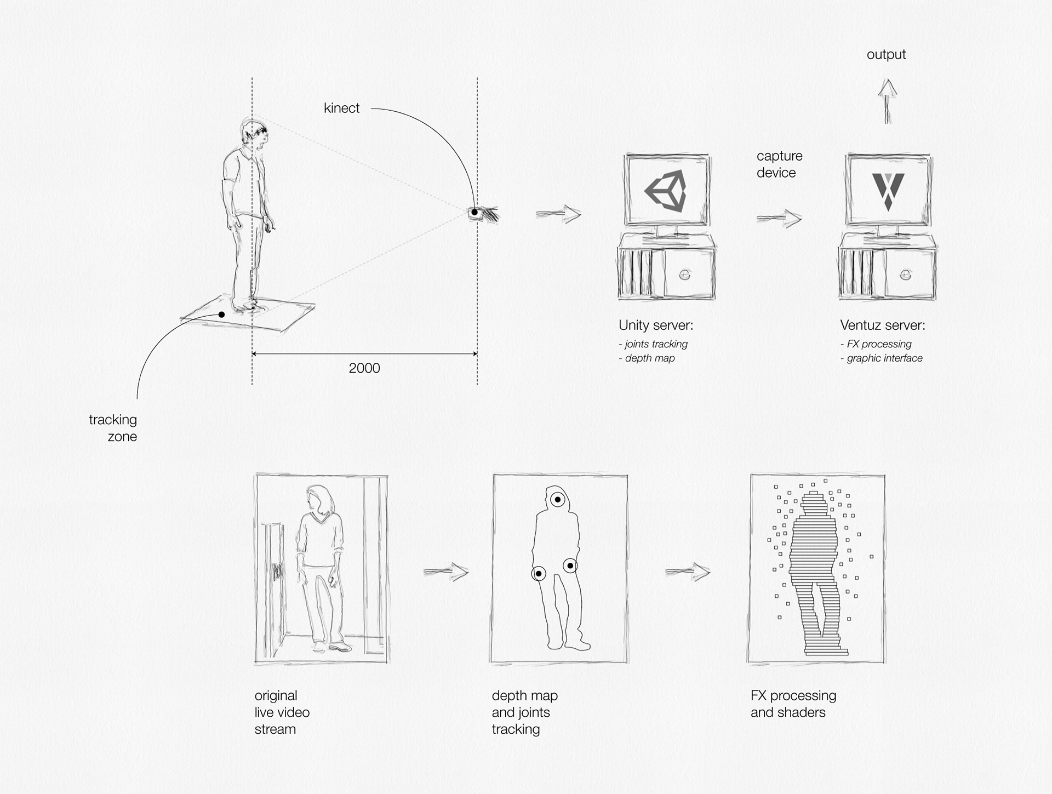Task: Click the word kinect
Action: pos(341,108)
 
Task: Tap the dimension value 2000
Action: pos(364,368)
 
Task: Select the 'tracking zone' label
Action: pos(113,428)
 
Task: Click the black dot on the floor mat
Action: pos(221,315)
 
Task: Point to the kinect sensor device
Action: pos(475,213)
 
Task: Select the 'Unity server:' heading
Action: pos(656,325)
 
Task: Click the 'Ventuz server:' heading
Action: pos(883,325)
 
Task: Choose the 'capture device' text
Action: pos(779,164)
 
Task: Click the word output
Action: pos(886,54)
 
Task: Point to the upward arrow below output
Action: pos(888,101)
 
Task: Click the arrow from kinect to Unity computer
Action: pos(558,214)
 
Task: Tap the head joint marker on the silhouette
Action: pos(558,499)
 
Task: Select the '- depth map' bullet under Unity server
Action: pos(647,358)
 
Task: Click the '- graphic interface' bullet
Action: pos(882,358)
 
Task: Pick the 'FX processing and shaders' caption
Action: pos(793,704)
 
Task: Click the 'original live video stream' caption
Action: pos(282,712)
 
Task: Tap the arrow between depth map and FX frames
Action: pos(688,572)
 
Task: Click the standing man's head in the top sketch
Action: pos(251,133)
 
